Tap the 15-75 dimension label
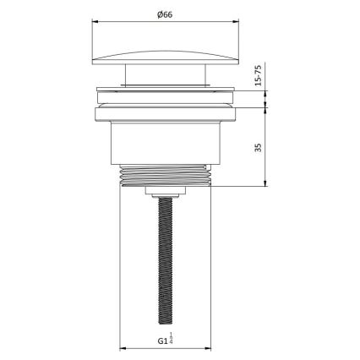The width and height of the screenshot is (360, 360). (258, 82)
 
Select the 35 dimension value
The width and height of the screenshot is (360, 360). (258, 145)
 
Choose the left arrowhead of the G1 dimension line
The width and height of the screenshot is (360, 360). (121, 348)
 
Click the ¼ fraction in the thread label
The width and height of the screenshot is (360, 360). (172, 341)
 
